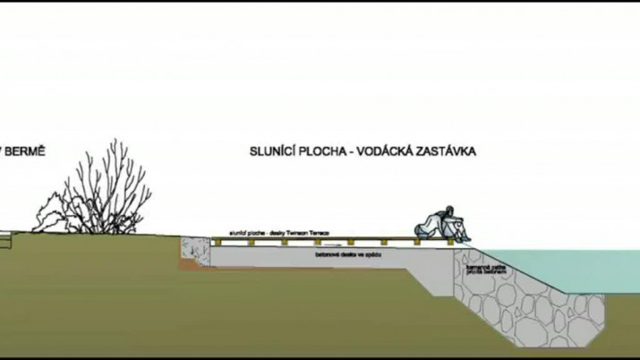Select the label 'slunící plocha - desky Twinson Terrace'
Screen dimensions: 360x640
click(278, 232)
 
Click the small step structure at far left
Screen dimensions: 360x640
click(7, 240)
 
